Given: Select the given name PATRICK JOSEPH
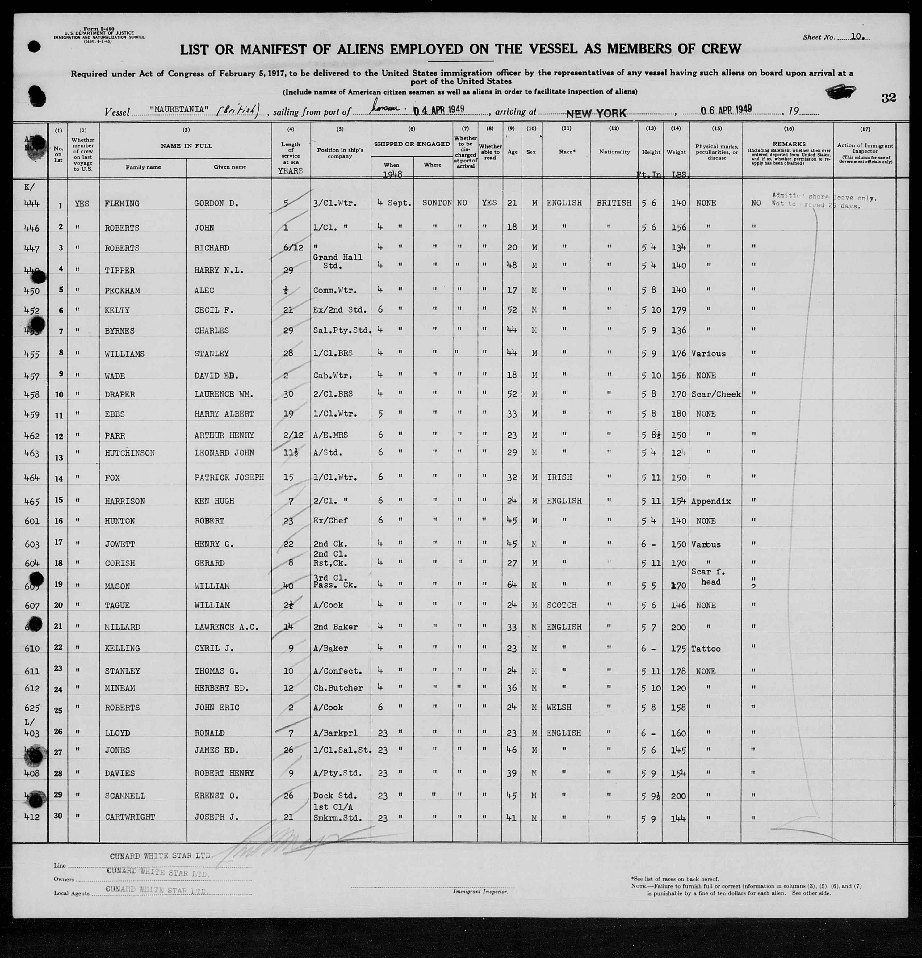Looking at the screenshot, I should tap(229, 477).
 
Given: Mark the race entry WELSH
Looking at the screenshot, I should tap(559, 707).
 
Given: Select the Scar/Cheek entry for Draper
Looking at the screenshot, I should tap(716, 394).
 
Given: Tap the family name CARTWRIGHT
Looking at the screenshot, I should tap(129, 817).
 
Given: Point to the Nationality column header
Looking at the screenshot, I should tap(614, 152).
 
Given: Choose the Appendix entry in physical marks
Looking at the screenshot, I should tap(711, 501).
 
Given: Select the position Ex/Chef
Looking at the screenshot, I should tap(330, 521).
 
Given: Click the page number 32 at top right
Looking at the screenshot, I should tap(889, 98).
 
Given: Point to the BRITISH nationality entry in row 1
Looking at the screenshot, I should tap(614, 203).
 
